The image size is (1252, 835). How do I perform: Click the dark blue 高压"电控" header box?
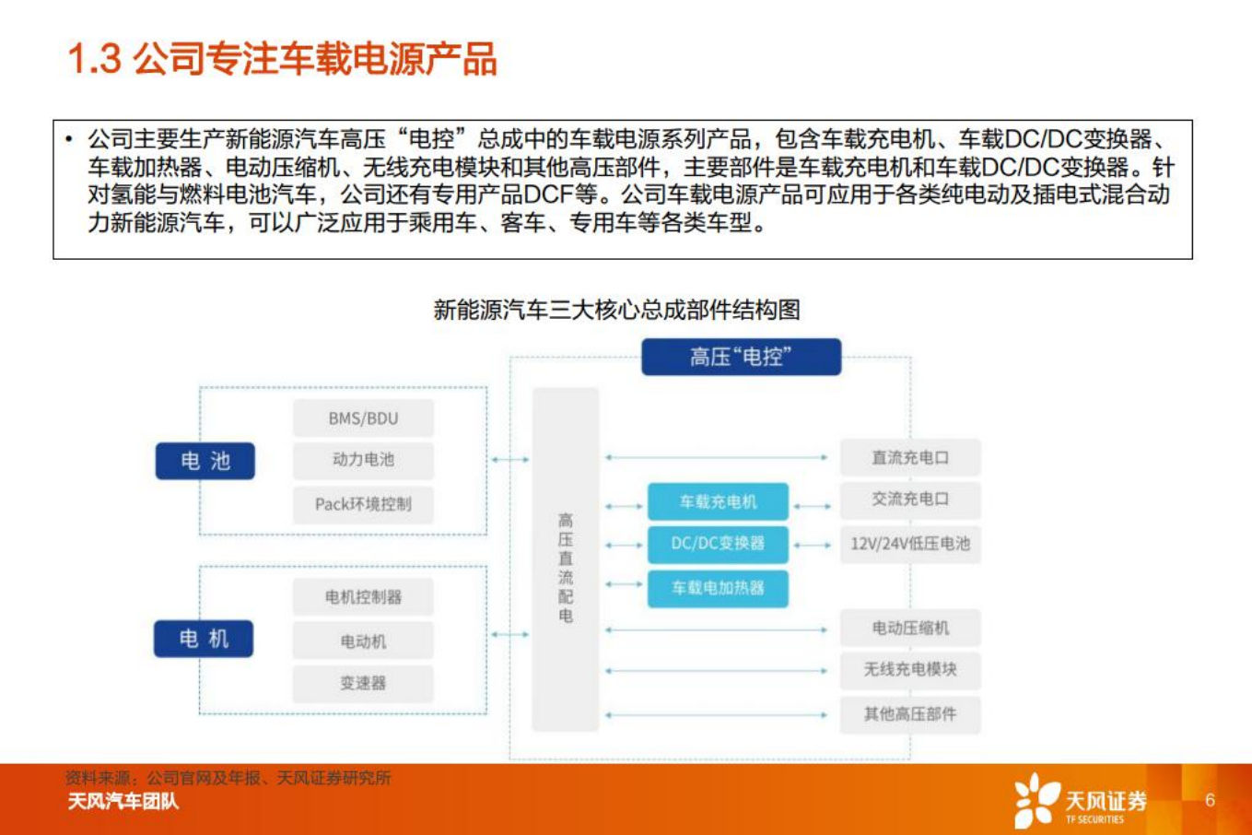pos(741,357)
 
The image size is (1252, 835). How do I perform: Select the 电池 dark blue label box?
pos(205,461)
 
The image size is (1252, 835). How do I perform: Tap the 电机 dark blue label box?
pos(204,639)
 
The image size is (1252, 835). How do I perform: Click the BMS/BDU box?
pos(363,418)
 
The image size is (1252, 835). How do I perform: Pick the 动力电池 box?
pos(363,460)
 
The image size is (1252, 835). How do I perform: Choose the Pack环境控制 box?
pos(363,504)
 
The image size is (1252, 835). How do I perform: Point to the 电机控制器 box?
pos(363,597)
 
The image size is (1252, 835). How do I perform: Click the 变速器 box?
pos(363,683)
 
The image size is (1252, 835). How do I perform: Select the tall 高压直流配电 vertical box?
pos(566,559)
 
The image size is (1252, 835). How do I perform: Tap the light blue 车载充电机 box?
pos(718,502)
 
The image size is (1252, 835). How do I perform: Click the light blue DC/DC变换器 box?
pos(718,544)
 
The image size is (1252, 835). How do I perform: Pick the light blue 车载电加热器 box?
pos(718,588)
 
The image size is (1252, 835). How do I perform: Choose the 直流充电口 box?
pos(909,458)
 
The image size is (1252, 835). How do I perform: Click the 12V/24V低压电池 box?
pos(909,544)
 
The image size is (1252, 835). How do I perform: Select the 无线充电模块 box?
pos(909,670)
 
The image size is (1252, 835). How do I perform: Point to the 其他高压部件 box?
pos(909,714)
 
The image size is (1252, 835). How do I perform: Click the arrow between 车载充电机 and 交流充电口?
pos(813,506)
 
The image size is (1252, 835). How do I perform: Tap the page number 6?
pos(1210,800)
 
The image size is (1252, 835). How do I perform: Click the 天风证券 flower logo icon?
pos(1036,800)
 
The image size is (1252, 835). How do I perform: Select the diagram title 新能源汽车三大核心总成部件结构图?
pos(616,310)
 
